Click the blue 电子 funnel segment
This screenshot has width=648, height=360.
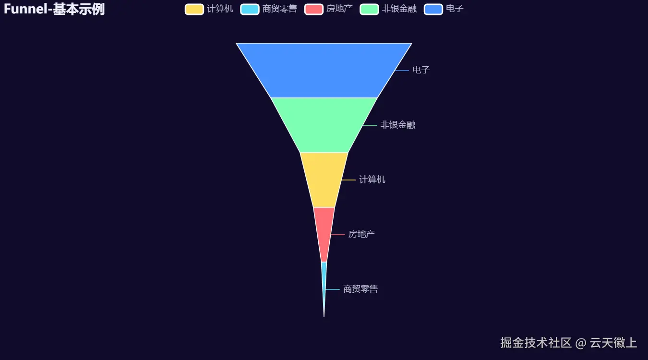324,70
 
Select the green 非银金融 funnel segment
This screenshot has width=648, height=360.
324,125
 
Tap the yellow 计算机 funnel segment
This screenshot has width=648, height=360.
324,180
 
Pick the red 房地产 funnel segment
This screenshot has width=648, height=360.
324,234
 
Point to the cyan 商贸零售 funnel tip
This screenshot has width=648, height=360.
324,278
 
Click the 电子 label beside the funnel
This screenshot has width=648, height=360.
421,70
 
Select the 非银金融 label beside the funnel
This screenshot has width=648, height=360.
397,125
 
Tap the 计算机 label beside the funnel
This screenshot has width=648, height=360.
372,180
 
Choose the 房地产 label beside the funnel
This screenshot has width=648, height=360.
361,234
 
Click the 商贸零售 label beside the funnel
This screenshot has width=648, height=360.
360,289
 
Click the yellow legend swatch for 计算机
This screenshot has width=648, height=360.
194,9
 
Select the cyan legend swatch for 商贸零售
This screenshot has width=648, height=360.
250,9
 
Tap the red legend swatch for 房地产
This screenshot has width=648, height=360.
313,9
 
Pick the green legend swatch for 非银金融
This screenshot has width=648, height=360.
369,9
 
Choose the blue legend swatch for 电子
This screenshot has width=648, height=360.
433,9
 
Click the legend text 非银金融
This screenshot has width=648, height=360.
399,9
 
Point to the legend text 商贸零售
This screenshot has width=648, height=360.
280,9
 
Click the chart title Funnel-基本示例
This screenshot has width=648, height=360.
54,9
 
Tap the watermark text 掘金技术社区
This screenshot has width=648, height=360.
536,343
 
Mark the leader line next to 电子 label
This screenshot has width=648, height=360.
402,71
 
